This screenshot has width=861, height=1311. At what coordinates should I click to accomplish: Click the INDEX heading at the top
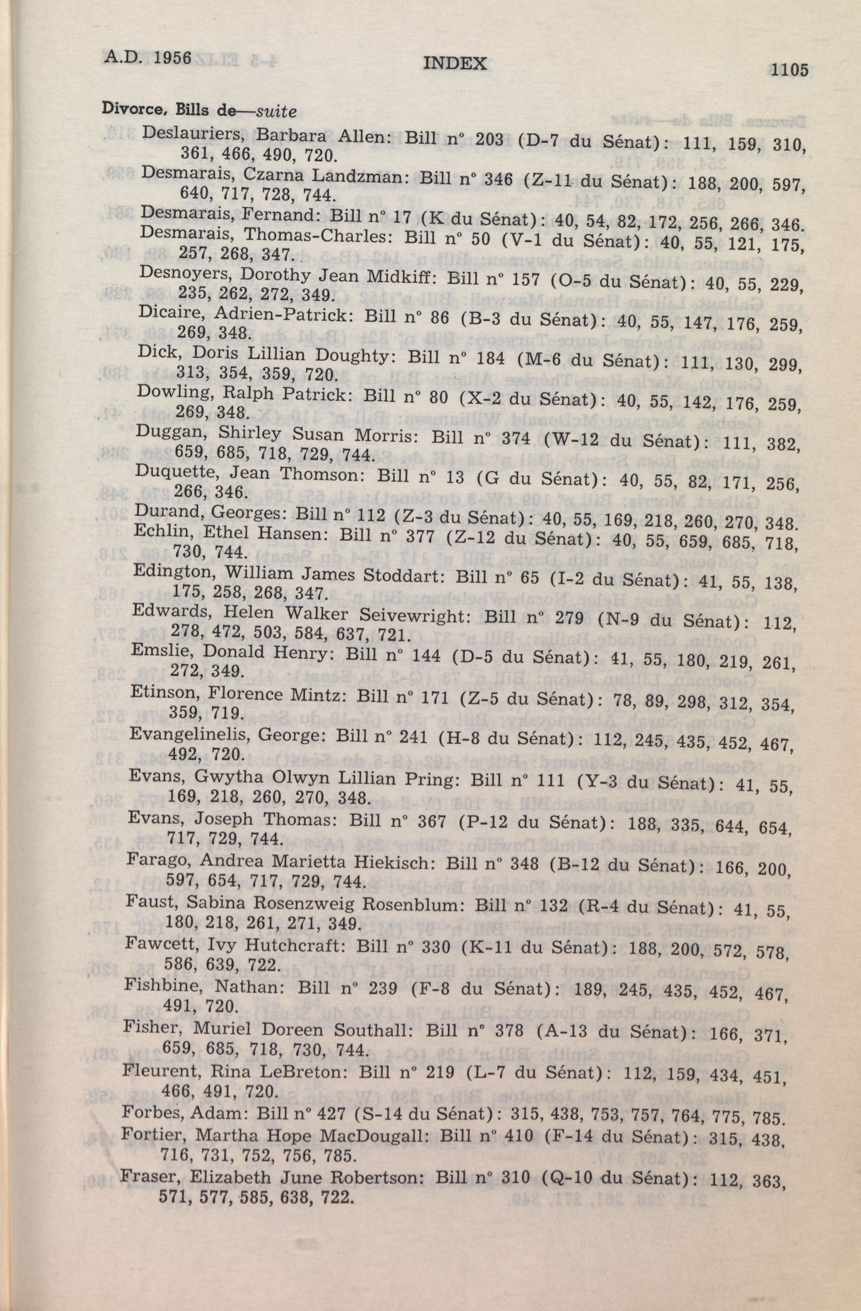coord(455,64)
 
